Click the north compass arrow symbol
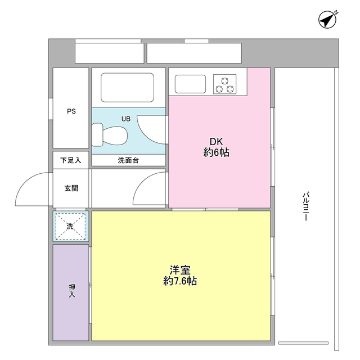pos(327,20)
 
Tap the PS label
pos(71,111)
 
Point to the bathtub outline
pos(128,87)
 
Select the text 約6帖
pos(216,153)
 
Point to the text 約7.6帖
pos(180,281)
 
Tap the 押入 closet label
pos(71,291)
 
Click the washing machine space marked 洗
pos(71,226)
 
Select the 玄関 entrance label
pos(71,188)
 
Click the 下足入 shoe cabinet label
pos(71,160)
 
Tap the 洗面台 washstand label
pos(128,160)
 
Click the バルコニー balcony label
pos(304,206)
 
